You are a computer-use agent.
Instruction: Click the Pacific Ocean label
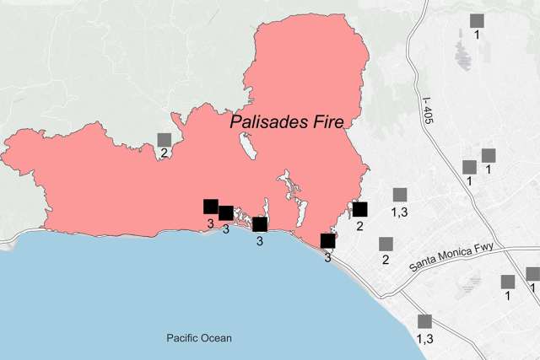198,338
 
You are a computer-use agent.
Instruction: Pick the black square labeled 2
360,209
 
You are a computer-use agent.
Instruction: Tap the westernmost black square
211,207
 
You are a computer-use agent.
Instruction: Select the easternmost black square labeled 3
328,241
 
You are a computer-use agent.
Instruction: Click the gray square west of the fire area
165,139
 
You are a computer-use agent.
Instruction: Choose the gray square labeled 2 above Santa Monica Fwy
386,244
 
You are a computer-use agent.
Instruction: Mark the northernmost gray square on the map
478,20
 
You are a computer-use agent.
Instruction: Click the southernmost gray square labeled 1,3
425,321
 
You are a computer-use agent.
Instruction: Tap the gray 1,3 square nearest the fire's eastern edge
400,195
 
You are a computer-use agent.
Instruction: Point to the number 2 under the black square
359,225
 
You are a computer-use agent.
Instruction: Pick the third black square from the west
260,224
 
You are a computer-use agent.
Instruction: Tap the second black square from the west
226,212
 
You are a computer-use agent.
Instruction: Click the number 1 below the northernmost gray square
477,35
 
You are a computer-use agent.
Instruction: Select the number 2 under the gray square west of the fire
162,153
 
